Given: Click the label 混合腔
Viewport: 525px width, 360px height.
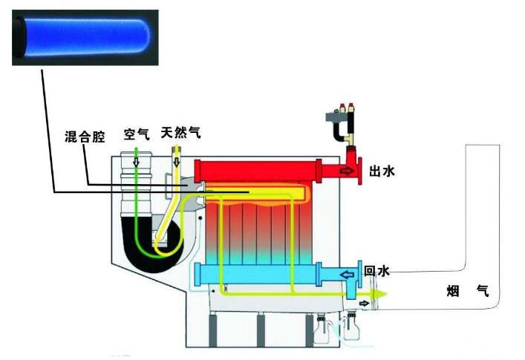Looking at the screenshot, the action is [x=85, y=137].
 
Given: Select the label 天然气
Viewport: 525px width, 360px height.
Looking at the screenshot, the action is [x=180, y=132].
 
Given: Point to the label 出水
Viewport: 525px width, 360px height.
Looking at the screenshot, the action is [x=382, y=171].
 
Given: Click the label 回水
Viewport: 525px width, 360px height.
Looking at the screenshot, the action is [x=376, y=271].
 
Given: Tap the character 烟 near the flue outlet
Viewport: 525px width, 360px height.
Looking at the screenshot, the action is [x=453, y=291].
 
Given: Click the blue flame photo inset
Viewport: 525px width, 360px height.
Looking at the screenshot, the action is [x=85, y=37].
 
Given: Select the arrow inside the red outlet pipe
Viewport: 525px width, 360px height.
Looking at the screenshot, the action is [x=348, y=171].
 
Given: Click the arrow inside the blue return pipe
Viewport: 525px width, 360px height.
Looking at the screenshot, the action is [x=347, y=275].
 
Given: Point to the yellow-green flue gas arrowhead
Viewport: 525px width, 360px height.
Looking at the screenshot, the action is [x=379, y=294].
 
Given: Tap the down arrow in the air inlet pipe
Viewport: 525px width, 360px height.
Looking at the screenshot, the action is [x=136, y=163].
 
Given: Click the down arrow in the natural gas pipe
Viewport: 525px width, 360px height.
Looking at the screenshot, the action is [x=177, y=163].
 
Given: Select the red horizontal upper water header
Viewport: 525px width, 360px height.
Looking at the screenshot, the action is [x=258, y=171].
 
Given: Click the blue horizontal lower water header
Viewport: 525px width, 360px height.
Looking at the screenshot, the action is [x=258, y=275].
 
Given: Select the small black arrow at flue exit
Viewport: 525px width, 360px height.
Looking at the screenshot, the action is [x=364, y=304].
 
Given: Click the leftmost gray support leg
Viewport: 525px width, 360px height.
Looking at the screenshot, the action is [x=213, y=330].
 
